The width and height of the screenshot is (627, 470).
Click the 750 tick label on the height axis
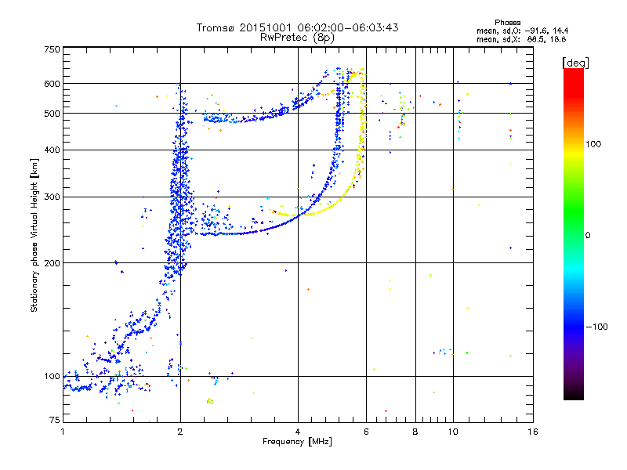pyautogui.click(x=52, y=49)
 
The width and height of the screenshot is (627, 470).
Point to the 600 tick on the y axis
pyautogui.click(x=52, y=84)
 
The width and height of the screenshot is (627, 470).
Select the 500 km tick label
pyautogui.click(x=52, y=114)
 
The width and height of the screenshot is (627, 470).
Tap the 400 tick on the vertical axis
pyautogui.click(x=52, y=150)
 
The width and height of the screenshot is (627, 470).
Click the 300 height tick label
pyautogui.click(x=52, y=197)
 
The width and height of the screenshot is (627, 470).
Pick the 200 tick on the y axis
pyautogui.click(x=52, y=263)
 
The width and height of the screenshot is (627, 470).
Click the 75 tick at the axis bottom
pyautogui.click(x=54, y=419)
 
